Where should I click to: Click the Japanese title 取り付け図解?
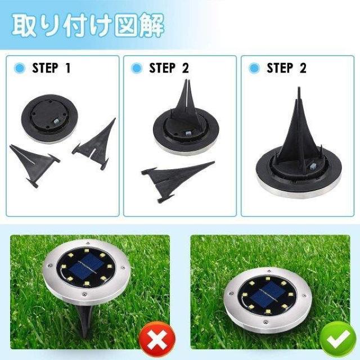click(x=88, y=25)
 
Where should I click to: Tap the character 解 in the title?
click(x=152, y=25)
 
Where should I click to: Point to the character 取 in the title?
click(x=24, y=25)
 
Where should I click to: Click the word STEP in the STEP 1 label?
click(x=45, y=68)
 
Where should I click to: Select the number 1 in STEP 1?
click(x=68, y=68)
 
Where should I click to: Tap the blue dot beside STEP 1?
click(x=20, y=68)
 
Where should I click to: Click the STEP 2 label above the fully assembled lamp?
click(x=286, y=68)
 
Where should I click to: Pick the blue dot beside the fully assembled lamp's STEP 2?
click(x=254, y=68)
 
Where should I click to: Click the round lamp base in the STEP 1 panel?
click(x=50, y=118)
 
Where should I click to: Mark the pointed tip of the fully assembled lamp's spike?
click(x=299, y=88)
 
